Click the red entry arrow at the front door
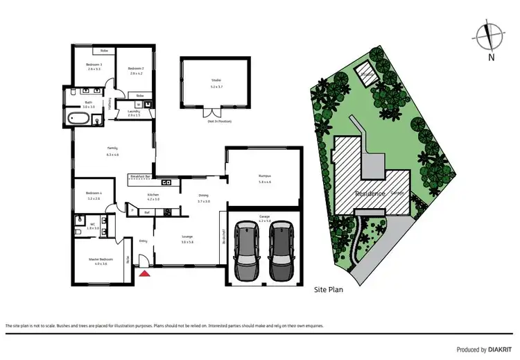click(x=145, y=273)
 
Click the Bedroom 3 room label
click(x=94, y=67)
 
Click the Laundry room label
click(x=134, y=113)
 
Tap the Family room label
click(x=112, y=151)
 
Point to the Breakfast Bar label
click(x=139, y=177)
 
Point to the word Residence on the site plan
click(x=370, y=193)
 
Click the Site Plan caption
click(x=328, y=290)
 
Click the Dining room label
click(x=202, y=198)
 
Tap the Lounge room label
click(x=187, y=240)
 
